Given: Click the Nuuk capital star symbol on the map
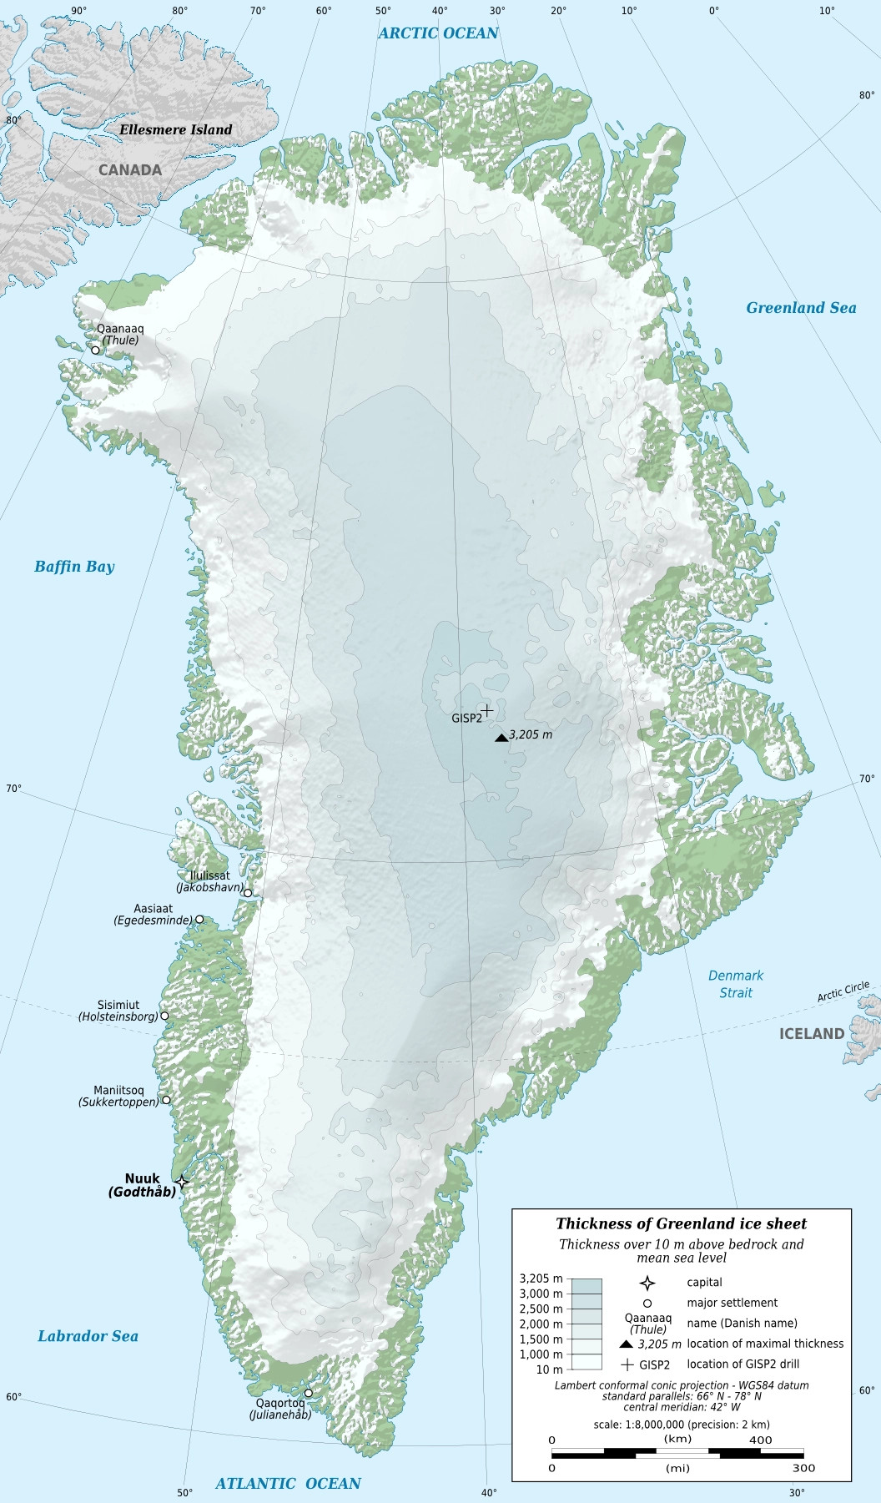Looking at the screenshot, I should pos(182,1182).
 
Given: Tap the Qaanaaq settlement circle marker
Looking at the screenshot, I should pos(95,350).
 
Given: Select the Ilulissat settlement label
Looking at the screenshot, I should pos(209,875).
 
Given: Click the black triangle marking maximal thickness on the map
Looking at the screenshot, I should pos(501,737).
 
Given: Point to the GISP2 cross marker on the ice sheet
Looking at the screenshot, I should pos(486,710).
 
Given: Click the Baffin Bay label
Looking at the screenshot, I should pos(74,567).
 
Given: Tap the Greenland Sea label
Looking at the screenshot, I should pos(801,308).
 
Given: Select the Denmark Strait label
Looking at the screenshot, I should pos(736,984).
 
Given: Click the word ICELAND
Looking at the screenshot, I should pos(811,1034).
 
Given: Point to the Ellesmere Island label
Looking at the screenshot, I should pos(175,130).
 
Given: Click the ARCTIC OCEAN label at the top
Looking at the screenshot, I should pos(438,33).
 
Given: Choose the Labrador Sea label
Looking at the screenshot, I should pos(88,1336).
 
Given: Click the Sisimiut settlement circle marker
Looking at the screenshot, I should pos(164,1016).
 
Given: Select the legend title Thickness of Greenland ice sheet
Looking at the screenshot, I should pos(681,1224).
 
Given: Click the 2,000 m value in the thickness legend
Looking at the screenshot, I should pos(541,1324).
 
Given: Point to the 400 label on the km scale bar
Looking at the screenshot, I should pos(760,1440).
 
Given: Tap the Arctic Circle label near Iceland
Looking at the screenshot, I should pos(843,991).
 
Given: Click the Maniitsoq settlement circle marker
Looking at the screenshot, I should pos(166,1100).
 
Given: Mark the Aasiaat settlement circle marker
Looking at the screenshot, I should pos(199,919).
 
